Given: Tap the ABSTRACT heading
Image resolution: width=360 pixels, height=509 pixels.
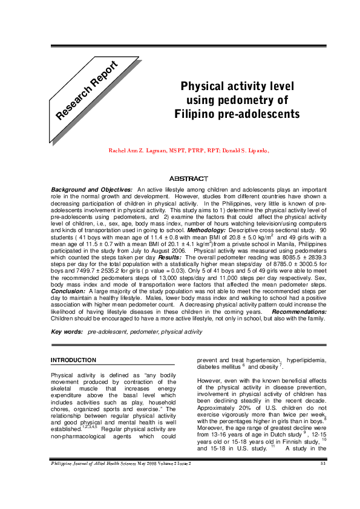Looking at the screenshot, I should pyautogui.click(x=188, y=178).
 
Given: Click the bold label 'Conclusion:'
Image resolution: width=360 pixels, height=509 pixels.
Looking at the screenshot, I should pyautogui.click(x=68, y=290).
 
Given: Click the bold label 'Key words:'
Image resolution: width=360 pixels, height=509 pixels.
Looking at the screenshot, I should pyautogui.click(x=67, y=332).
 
